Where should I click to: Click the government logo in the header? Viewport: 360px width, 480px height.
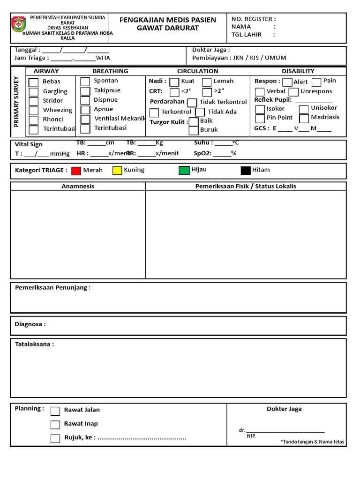pos(20,24)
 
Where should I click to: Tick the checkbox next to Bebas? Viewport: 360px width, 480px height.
pos(34,82)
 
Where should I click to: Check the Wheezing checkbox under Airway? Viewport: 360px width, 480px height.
pos(34,111)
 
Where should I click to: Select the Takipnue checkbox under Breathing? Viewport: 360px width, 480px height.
pos(85,91)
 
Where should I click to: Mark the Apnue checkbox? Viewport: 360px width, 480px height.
pos(85,110)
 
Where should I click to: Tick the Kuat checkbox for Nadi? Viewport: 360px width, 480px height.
pos(174,82)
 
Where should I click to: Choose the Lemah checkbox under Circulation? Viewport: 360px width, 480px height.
pos(207,82)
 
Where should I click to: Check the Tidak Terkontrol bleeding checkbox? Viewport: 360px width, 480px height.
pos(192,103)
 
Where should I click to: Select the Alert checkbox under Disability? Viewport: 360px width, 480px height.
pos(287,82)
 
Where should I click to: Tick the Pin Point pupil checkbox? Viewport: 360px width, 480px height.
pos(260,119)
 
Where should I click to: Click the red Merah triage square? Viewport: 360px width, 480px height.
pos(76,171)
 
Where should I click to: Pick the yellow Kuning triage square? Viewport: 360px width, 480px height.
pos(117,171)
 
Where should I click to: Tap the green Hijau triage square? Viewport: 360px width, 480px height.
pos(184,170)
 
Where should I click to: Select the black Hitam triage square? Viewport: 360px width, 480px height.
pos(246,170)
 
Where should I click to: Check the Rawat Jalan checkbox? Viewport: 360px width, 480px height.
pos(55,411)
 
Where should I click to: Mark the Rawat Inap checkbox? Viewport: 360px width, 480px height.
pos(55,425)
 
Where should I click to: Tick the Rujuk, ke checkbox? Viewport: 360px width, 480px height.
pos(55,439)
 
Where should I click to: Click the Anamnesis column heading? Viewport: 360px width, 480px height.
pos(78,186)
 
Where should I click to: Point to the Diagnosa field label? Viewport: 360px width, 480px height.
pos(30,324)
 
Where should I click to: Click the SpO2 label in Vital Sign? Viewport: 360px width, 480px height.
pos(202,153)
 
